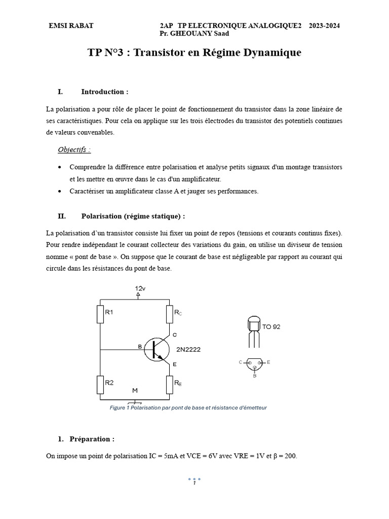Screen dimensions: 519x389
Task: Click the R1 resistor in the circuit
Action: pos(100,314)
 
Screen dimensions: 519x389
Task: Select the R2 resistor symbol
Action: pos(100,384)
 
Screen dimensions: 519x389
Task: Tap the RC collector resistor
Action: pos(170,314)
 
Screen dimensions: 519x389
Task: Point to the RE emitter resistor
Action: pos(170,384)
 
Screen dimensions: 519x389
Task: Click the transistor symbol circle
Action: pos(156,350)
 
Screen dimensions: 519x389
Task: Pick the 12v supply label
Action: pos(140,288)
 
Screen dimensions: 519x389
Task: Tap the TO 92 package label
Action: pos(271,327)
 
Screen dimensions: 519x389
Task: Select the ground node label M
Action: pos(135,390)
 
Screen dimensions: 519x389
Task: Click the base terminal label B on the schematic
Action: pos(140,346)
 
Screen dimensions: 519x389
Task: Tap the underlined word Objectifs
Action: pos(74,150)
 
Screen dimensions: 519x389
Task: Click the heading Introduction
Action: pos(104,92)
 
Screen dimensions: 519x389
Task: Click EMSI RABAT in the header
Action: pos(71,25)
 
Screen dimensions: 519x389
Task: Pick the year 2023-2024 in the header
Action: pos(324,25)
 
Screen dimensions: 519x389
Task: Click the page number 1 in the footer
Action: pos(194,483)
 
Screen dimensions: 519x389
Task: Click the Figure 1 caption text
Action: pos(188,407)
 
